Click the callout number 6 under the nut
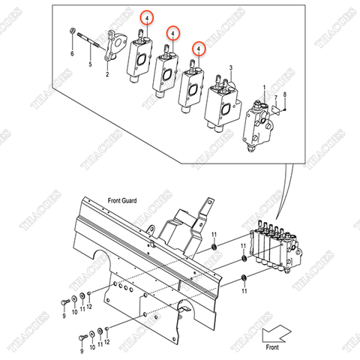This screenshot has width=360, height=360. click(x=73, y=55)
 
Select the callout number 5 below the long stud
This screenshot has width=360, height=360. click(x=90, y=66)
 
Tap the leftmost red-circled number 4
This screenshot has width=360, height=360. click(x=148, y=16)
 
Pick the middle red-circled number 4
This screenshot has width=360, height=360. click(x=173, y=33)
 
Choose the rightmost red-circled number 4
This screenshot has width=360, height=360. click(x=199, y=48)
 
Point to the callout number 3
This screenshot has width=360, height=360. click(x=231, y=68)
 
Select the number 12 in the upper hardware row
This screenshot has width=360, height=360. click(x=90, y=307)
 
